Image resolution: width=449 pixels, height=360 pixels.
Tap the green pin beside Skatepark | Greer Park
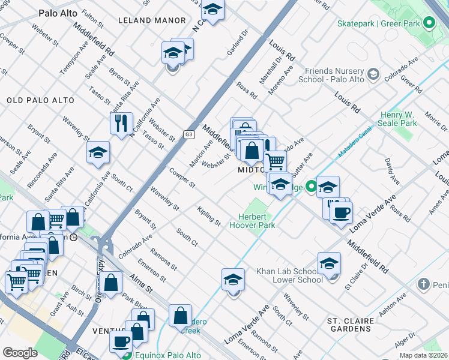[x=429, y=23]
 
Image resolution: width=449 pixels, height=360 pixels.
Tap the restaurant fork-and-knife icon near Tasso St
[x=122, y=123]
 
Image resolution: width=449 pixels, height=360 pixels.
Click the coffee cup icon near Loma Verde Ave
[x=341, y=212]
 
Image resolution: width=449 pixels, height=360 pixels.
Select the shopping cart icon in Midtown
[x=275, y=160]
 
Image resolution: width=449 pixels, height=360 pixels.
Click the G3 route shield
[x=189, y=134]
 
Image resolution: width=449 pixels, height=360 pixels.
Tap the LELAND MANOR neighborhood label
[x=152, y=20]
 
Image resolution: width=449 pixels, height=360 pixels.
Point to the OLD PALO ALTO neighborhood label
[x=40, y=100]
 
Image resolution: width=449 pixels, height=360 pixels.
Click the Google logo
[x=20, y=353]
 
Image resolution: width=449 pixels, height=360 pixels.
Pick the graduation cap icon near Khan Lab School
[x=329, y=263]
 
